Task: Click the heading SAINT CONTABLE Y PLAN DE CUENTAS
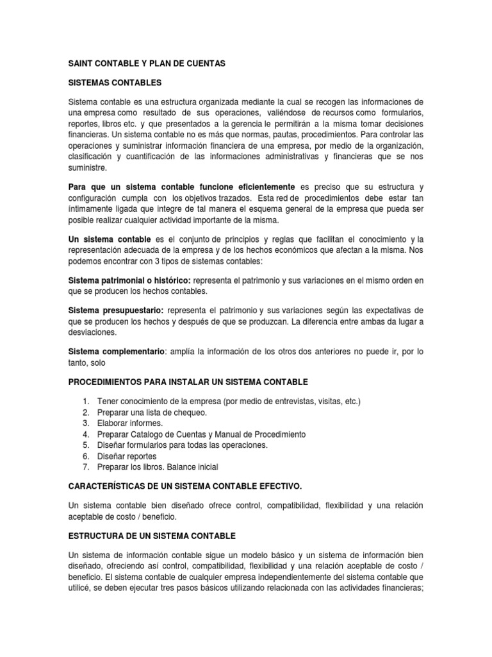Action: click(147, 65)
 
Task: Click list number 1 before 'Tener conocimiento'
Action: click(86, 402)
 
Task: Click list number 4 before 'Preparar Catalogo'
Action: click(86, 434)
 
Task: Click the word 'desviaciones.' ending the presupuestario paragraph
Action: click(94, 333)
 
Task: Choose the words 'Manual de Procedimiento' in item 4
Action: click(253, 434)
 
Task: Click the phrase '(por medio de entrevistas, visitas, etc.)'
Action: click(292, 402)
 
